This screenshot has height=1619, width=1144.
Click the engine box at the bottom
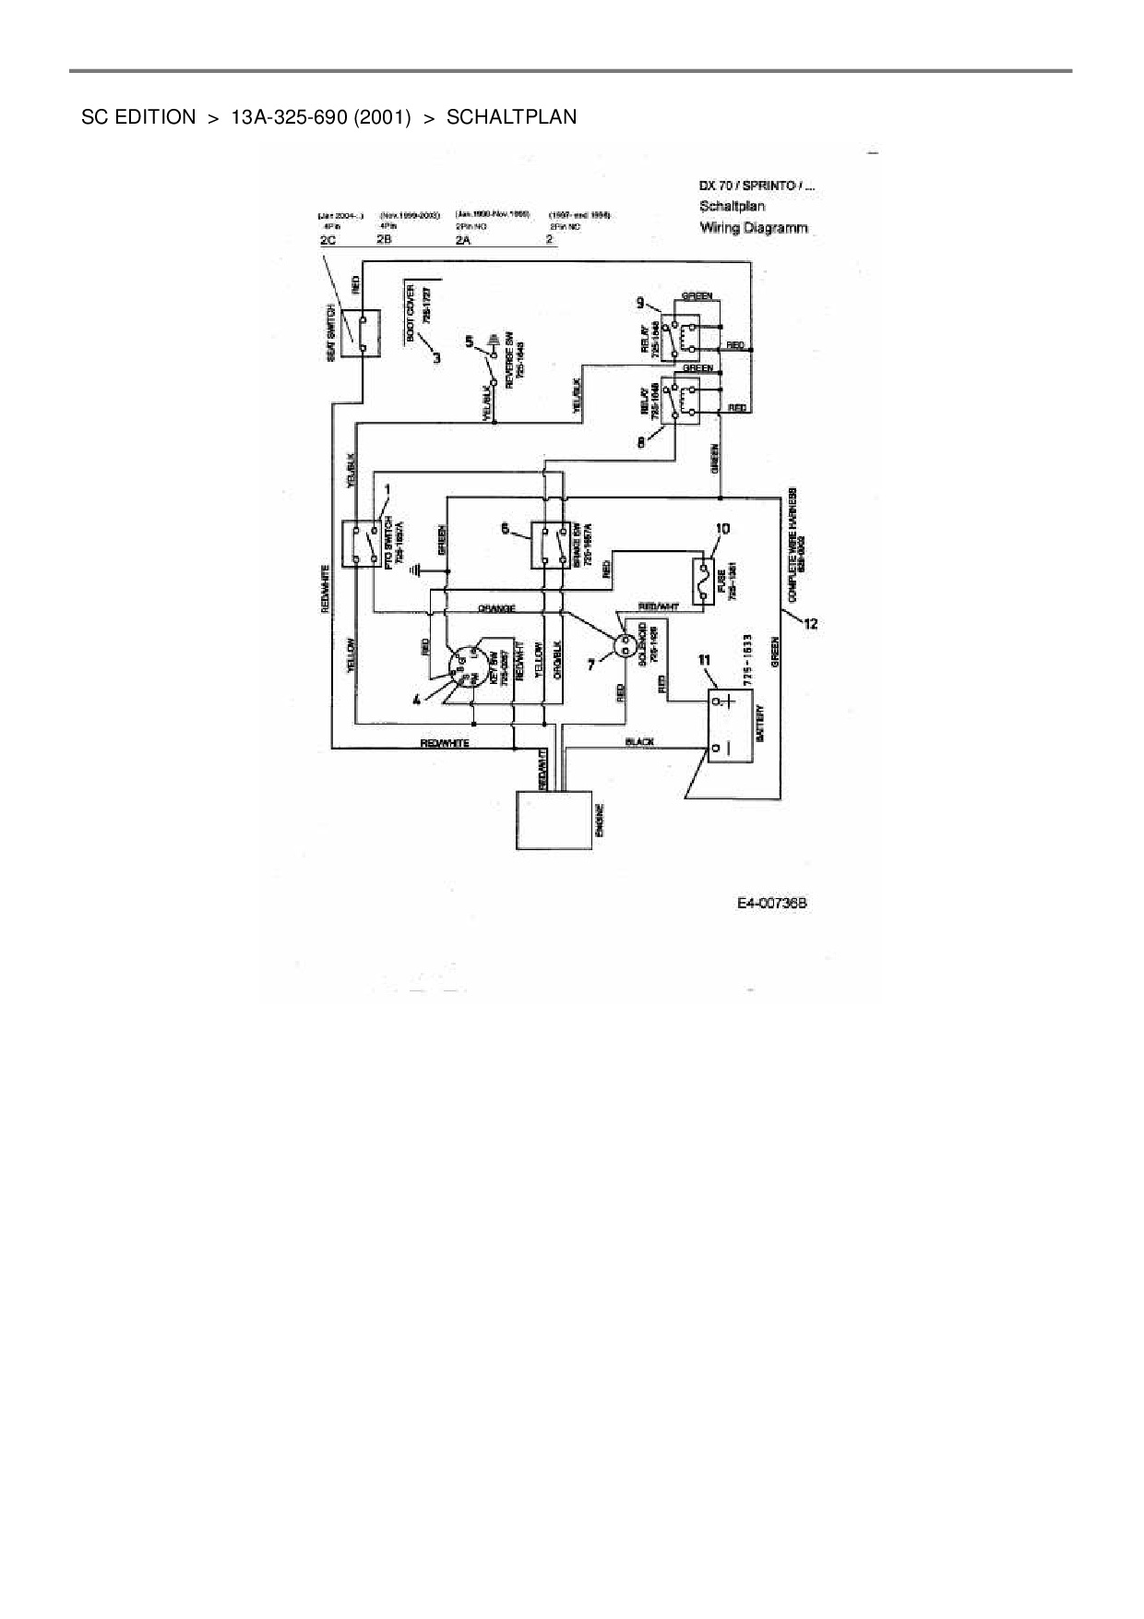coord(553,819)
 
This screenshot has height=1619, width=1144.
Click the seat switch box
coord(356,333)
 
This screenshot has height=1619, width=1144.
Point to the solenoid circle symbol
coord(626,642)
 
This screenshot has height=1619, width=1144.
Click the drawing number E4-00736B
coord(771,903)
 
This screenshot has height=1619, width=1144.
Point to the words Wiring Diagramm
coord(754,227)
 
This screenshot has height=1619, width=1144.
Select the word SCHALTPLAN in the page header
coord(511,117)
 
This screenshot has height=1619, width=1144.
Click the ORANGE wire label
coord(496,609)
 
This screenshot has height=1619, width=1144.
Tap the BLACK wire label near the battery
coord(639,742)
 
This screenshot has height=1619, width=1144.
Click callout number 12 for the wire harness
coord(810,624)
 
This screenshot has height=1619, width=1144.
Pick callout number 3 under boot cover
coord(436,356)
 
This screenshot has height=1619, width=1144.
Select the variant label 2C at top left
coord(328,240)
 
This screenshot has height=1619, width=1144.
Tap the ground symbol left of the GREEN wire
coord(418,571)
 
